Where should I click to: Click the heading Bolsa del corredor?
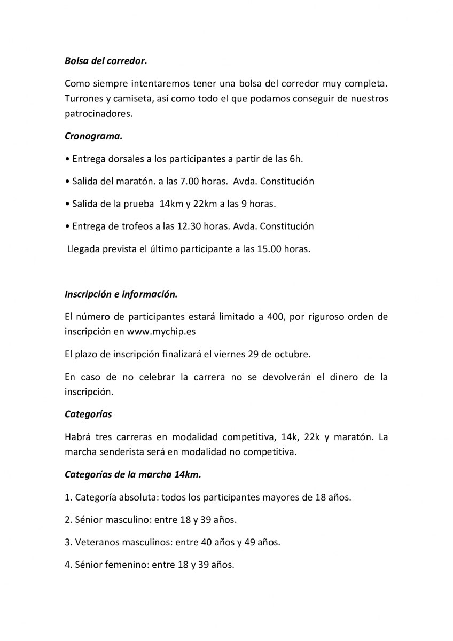click(105, 61)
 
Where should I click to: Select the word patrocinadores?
click(98, 114)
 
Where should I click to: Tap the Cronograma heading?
click(93, 136)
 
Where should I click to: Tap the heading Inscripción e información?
click(121, 293)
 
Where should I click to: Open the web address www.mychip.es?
click(161, 331)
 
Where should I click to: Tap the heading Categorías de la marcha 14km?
click(132, 474)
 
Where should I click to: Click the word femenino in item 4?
click(125, 564)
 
